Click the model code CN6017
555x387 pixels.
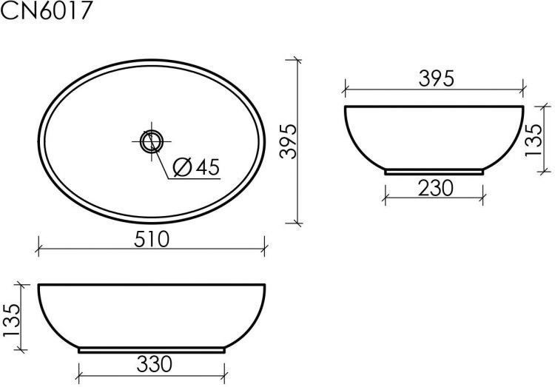(x=47, y=13)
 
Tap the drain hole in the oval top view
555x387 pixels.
(x=151, y=140)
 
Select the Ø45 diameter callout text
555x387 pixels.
(x=195, y=167)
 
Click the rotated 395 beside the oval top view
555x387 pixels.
(x=289, y=141)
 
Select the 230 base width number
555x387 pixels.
(x=434, y=188)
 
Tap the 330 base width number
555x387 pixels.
(x=154, y=363)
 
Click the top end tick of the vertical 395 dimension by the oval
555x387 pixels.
(x=297, y=61)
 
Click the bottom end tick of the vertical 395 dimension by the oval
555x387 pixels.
(x=297, y=222)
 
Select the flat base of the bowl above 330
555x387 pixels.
(x=152, y=349)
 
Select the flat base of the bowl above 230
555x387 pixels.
(x=434, y=172)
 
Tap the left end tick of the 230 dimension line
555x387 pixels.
(x=385, y=198)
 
